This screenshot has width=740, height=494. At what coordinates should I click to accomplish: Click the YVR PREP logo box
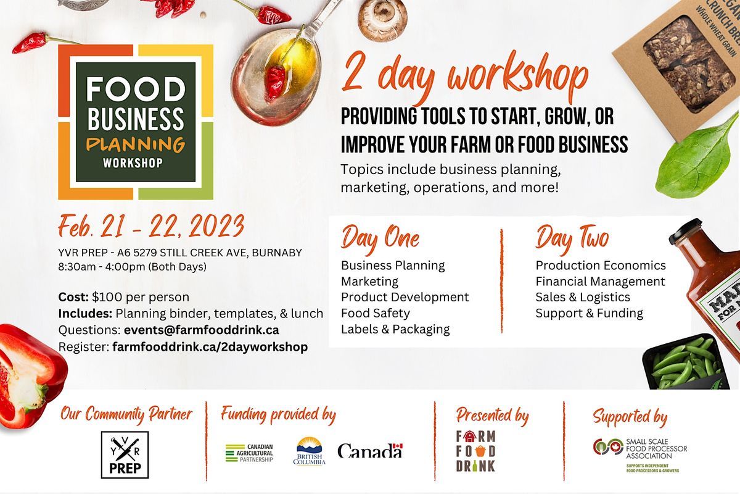(x=125, y=454)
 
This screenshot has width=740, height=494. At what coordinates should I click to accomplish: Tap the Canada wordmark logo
(x=370, y=451)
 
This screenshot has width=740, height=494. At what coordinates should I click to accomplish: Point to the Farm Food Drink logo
(x=475, y=451)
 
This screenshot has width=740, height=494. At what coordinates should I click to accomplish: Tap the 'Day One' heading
(x=380, y=238)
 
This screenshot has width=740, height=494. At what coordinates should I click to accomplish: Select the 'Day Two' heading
(x=572, y=238)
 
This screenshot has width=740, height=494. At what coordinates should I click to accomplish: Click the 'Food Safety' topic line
(x=376, y=313)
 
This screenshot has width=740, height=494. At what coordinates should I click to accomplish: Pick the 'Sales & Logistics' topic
(x=583, y=297)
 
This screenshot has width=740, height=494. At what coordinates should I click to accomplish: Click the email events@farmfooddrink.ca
(x=202, y=330)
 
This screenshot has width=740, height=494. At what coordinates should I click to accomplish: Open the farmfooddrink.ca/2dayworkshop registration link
(x=210, y=347)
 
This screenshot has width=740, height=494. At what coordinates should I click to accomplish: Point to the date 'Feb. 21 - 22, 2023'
(x=152, y=227)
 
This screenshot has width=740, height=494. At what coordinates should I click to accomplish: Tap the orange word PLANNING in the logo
(x=136, y=144)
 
